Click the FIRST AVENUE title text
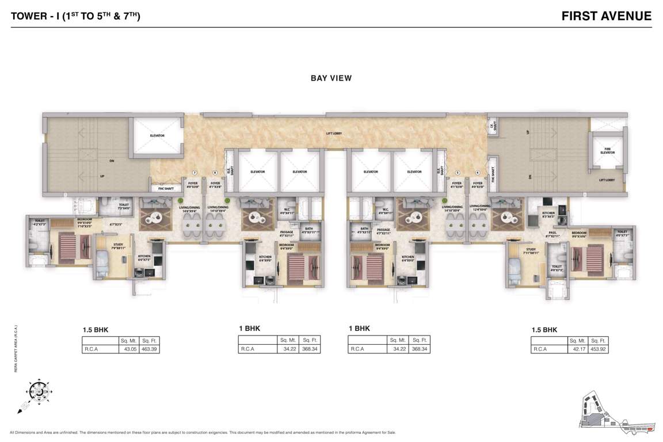pyautogui.click(x=607, y=16)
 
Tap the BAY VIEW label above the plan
pyautogui.click(x=331, y=78)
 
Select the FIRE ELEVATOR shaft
pyautogui.click(x=608, y=151)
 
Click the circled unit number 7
pyautogui.click(x=195, y=173)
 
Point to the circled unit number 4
pyautogui.click(x=478, y=173)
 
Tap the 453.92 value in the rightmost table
pyautogui.click(x=600, y=349)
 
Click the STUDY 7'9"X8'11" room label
pyautogui.click(x=119, y=246)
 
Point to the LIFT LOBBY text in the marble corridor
pyautogui.click(x=333, y=134)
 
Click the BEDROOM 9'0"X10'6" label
pyautogui.click(x=582, y=235)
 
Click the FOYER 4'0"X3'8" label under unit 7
pyautogui.click(x=193, y=185)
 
